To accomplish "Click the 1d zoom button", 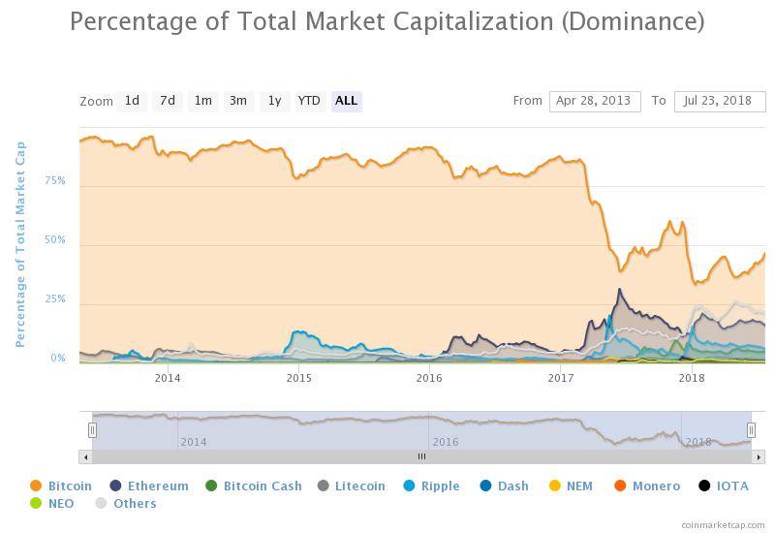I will pos(132,101).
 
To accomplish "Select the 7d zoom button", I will pos(168,101).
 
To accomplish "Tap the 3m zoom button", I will pos(237,101).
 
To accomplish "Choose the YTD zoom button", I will pos(309,101).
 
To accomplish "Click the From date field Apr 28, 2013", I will pos(595,101).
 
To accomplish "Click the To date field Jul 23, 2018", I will pos(719,101).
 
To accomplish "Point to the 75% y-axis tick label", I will pos(55,181).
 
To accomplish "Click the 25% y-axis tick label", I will pos(55,299).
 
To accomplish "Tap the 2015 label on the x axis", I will pos(298,377).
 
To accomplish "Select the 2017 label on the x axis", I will pos(560,377).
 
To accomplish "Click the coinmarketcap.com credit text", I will pos(724,524).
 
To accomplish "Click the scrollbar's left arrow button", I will pos(85,456).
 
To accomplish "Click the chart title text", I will pos(387,20).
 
